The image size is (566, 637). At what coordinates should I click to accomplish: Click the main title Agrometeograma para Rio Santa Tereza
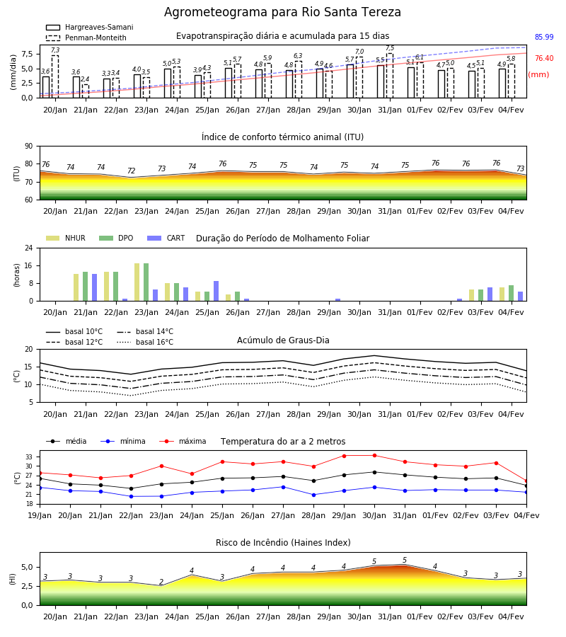click(x=282, y=12)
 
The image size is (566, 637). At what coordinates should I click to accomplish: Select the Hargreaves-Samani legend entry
click(x=89, y=27)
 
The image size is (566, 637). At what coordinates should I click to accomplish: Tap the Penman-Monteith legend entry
click(x=86, y=38)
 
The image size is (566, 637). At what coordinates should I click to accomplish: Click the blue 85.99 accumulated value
click(x=544, y=37)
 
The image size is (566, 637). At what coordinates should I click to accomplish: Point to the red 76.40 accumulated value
click(x=544, y=58)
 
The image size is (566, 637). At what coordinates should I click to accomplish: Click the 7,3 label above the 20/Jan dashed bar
click(x=55, y=50)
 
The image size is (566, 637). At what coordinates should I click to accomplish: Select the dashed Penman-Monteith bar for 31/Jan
click(x=390, y=76)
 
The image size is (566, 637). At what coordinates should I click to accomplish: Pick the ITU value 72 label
click(x=131, y=171)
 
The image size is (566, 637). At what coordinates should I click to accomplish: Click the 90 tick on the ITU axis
click(x=29, y=147)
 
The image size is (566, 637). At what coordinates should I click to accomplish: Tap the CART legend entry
click(x=166, y=238)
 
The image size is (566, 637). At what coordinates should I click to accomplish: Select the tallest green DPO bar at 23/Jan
click(x=146, y=282)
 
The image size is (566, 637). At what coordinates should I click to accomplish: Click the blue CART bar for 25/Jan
click(x=216, y=291)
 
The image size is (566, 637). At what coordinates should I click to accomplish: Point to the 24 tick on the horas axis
click(x=29, y=248)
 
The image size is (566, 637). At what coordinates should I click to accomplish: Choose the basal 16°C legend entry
click(x=145, y=342)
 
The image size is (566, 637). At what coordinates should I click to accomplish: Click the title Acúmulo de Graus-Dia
click(x=283, y=340)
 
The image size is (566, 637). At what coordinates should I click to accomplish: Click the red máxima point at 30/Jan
click(x=374, y=455)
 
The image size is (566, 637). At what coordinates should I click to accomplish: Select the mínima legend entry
click(x=123, y=441)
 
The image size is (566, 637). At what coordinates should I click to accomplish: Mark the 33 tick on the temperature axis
click(x=29, y=457)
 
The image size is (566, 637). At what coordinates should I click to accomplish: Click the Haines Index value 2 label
click(x=161, y=582)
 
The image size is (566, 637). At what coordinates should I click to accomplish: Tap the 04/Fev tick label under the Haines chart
click(x=512, y=616)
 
